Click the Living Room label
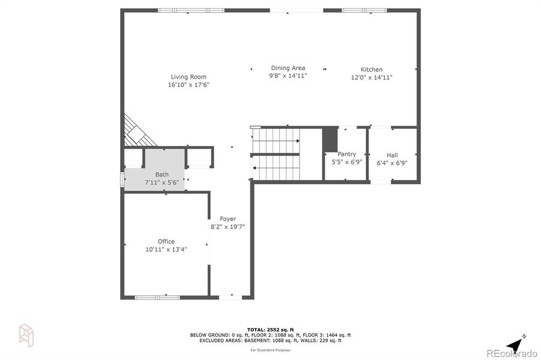189,77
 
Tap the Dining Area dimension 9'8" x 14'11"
288,76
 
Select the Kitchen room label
371,70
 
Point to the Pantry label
347,154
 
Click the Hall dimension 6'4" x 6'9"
391,163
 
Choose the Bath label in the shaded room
162,175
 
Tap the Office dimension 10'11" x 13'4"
166,250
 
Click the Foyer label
228,219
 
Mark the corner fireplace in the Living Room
137,132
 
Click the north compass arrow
514,344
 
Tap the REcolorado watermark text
512,353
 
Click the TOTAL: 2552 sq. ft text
270,329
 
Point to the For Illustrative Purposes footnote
270,349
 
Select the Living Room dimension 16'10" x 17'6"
189,85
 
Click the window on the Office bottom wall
157,297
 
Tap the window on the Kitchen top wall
364,10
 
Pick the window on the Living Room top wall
191,10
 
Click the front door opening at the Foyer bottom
231,297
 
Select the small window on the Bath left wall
122,180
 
